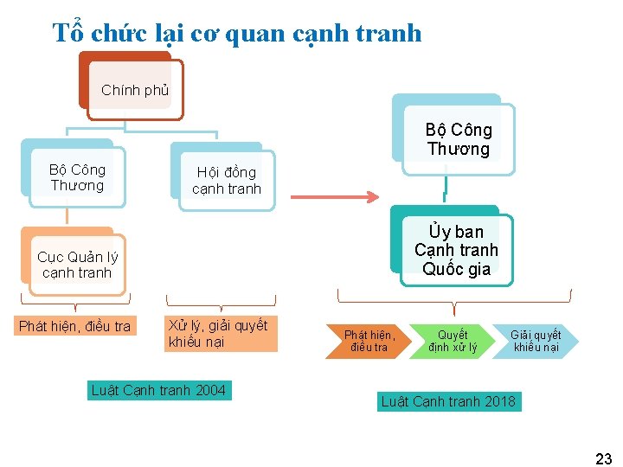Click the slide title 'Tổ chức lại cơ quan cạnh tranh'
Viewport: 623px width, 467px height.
click(237, 33)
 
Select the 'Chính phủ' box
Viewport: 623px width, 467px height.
click(135, 89)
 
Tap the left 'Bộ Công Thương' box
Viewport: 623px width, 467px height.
click(77, 177)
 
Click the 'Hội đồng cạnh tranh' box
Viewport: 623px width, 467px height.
click(226, 181)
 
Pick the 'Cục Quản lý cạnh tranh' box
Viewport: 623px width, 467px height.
click(77, 265)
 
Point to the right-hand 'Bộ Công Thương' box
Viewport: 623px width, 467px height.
click(459, 139)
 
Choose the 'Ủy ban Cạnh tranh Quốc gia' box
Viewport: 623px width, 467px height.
click(457, 250)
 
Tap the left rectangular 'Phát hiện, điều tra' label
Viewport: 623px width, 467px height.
click(74, 326)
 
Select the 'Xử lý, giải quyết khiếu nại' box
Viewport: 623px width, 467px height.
click(218, 334)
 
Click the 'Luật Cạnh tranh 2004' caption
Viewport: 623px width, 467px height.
click(158, 391)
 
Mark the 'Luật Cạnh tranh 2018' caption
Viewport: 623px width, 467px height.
click(448, 401)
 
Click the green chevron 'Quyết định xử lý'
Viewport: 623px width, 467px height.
click(453, 341)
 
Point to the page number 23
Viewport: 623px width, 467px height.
click(603, 458)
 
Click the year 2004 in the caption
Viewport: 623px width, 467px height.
click(210, 391)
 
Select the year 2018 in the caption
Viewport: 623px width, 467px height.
click(500, 401)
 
